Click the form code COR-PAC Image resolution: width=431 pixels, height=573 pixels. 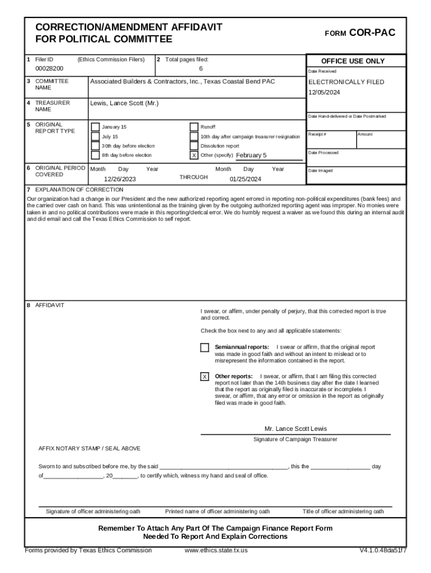click(372, 33)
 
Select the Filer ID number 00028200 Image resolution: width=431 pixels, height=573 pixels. click(49, 68)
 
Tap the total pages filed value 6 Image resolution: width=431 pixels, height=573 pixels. click(200, 68)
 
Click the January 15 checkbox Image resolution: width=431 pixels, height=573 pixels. click(96, 127)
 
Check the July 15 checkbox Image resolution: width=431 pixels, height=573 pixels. click(96, 137)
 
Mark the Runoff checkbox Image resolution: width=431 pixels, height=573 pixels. click(194, 127)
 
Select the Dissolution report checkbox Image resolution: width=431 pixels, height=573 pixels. click(194, 146)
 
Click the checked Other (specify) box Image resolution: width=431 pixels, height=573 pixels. click(194, 156)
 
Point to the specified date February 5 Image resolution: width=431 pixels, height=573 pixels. click(251, 155)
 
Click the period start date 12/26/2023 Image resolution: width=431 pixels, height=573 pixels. click(120, 180)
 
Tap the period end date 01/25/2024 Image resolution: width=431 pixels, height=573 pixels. click(245, 180)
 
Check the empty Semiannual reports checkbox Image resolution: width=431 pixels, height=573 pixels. click(205, 347)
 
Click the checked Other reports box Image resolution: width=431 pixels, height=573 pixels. click(205, 377)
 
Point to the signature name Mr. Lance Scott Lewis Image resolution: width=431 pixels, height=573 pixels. click(296, 429)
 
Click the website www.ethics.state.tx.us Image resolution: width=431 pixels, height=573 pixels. click(216, 550)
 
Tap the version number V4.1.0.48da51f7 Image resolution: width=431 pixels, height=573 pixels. click(383, 550)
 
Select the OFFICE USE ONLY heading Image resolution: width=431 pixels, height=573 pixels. click(353, 61)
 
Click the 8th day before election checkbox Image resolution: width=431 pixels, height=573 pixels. click(96, 156)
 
